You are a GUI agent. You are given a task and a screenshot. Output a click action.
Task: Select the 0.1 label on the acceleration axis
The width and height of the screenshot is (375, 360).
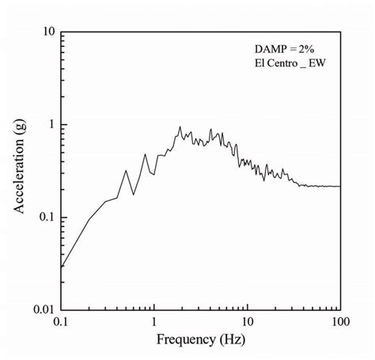click(44, 217)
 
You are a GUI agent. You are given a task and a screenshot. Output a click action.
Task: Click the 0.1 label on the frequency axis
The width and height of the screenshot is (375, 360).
click(61, 324)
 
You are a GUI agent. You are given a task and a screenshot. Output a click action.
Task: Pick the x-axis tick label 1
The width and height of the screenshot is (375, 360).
click(154, 324)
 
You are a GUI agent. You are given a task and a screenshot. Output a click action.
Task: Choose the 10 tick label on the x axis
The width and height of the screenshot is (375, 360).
click(248, 324)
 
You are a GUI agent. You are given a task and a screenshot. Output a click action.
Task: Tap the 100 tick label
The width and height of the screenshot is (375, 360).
click(340, 324)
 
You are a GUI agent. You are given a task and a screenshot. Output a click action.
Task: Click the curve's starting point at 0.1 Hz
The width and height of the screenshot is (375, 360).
click(62, 267)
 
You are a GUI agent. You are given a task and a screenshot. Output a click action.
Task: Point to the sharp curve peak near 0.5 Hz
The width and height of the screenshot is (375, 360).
click(126, 170)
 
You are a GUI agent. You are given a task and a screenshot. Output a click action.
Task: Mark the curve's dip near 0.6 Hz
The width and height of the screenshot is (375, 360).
click(134, 194)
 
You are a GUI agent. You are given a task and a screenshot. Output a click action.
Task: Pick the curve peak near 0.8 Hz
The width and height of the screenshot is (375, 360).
click(145, 153)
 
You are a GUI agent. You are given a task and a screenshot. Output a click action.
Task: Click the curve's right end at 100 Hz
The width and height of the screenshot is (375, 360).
click(340, 187)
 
